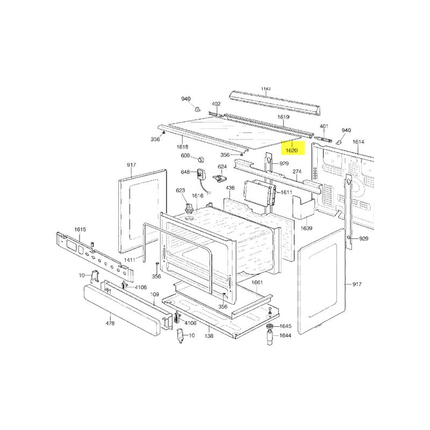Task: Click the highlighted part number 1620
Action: [x=291, y=150]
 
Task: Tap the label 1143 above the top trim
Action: [x=266, y=89]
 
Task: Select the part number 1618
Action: [x=182, y=147]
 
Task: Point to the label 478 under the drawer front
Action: [x=110, y=324]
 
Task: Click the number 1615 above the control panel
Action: [x=80, y=230]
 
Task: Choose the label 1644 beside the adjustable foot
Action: [x=285, y=335]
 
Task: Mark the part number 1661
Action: [x=257, y=282]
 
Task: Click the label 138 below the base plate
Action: [x=209, y=336]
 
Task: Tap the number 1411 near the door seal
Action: [x=130, y=260]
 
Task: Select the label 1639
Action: [x=306, y=228]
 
